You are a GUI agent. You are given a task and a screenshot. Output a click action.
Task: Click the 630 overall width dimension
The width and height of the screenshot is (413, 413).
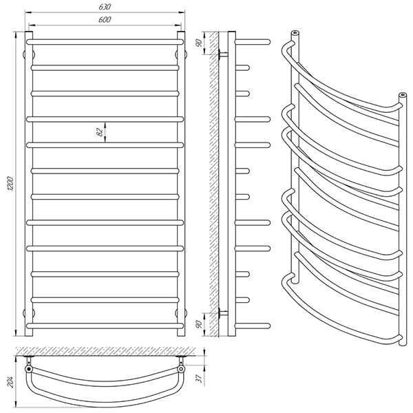105,7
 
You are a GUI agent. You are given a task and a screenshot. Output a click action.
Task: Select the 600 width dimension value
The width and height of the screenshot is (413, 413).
105,19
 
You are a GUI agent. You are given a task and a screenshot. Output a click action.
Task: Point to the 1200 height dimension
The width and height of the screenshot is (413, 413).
10,184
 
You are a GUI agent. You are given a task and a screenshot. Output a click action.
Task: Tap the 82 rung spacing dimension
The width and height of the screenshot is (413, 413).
99,131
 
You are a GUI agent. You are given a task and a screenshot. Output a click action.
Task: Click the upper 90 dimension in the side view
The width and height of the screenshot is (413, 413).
198,43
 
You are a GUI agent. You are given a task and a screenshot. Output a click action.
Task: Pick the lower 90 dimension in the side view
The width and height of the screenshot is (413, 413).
199,324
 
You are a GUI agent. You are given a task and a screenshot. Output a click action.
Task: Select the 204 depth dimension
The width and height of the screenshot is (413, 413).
10,381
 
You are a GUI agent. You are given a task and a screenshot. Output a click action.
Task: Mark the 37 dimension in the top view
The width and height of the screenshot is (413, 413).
200,378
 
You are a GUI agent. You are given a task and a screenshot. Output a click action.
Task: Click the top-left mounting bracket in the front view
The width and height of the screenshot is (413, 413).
29,55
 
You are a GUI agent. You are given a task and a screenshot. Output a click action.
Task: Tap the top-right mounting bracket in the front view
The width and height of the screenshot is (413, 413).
181,55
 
